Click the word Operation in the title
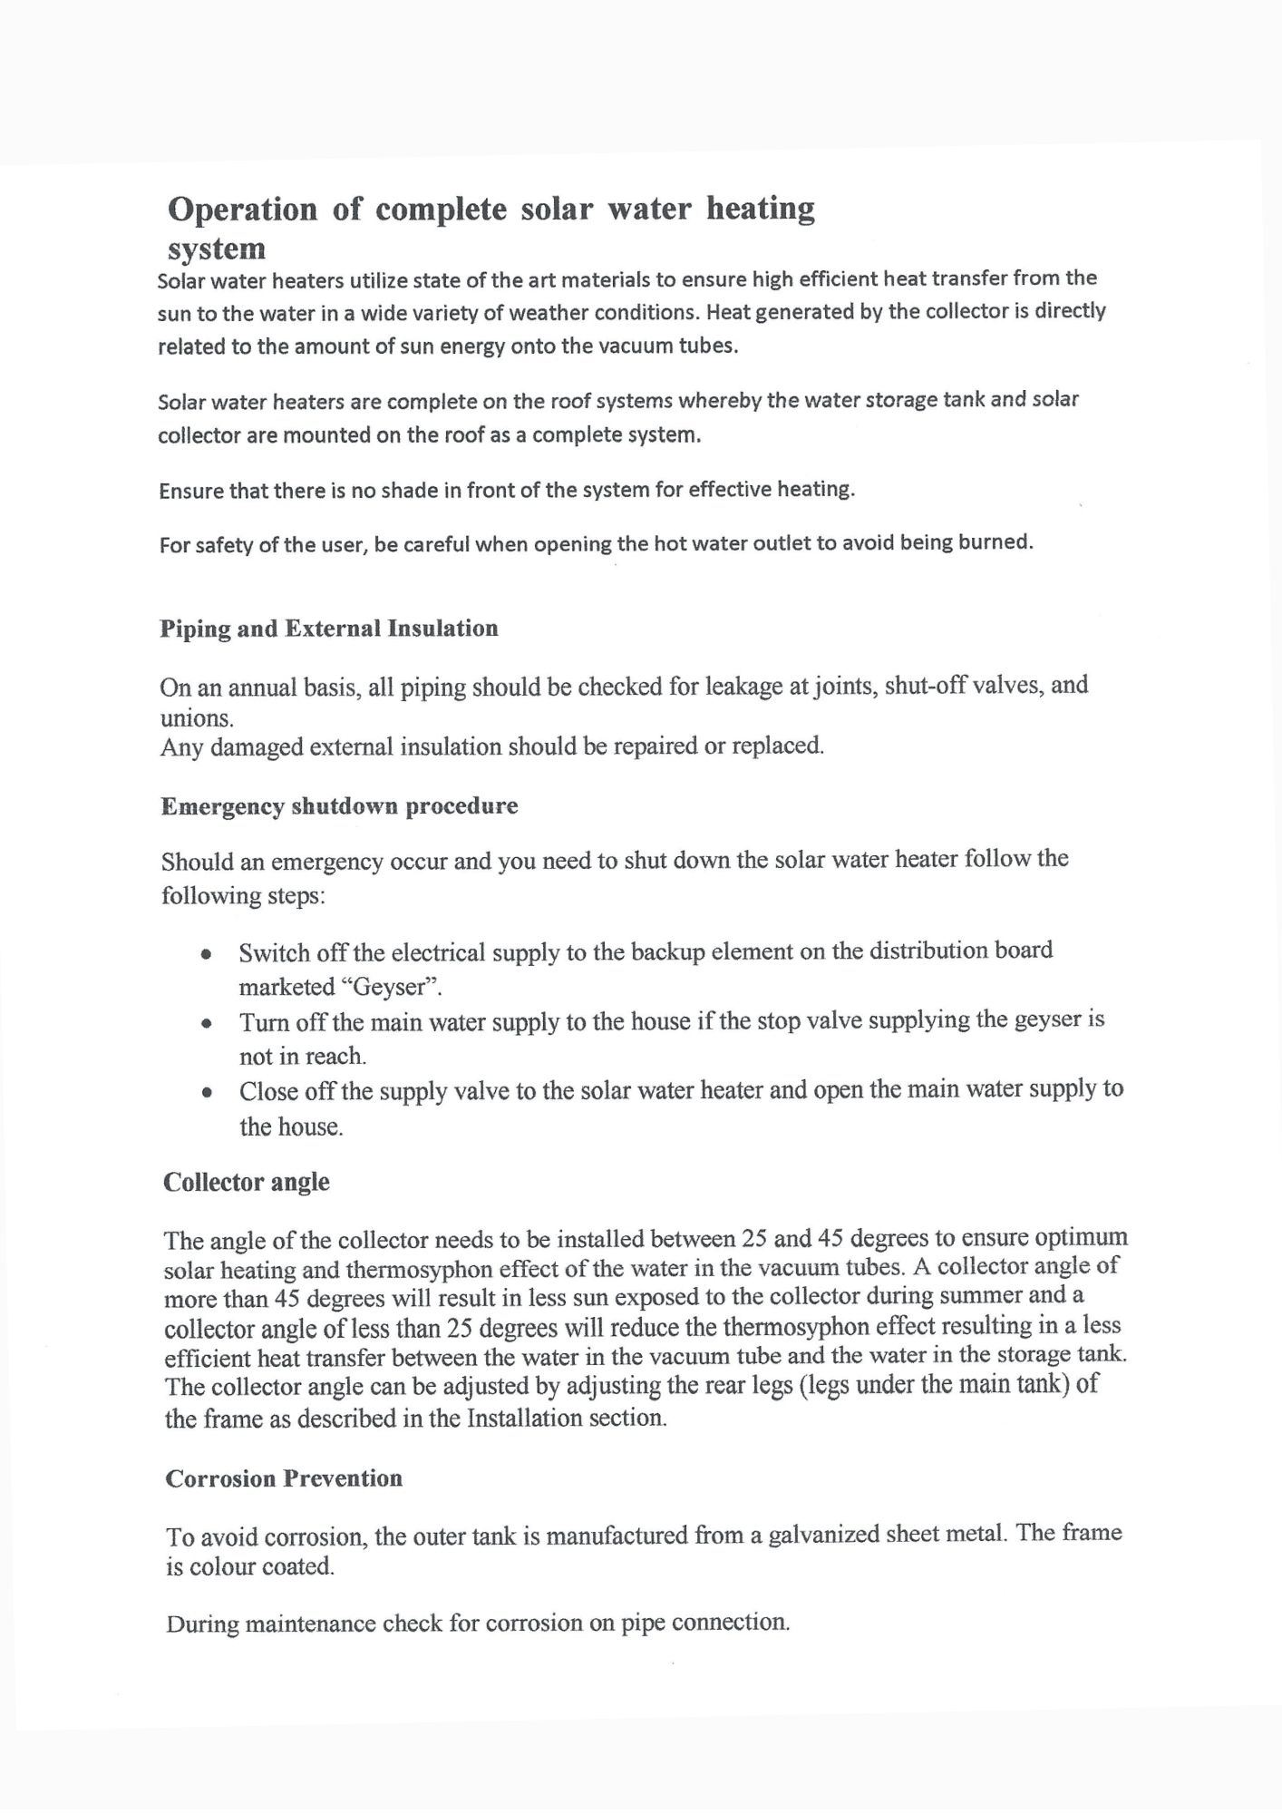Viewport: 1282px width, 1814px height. [x=242, y=210]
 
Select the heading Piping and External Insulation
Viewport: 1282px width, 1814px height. [x=329, y=629]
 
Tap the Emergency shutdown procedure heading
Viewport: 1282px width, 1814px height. [x=339, y=806]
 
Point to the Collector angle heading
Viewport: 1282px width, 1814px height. [x=247, y=1183]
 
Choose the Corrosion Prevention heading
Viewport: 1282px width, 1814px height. [x=284, y=1478]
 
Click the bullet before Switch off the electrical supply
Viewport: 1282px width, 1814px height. [x=208, y=955]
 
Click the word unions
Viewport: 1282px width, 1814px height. [x=196, y=718]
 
